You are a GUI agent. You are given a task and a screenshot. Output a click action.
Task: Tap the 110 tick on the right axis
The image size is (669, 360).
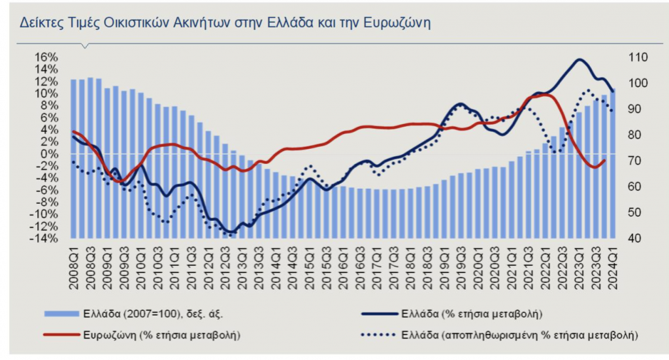[636, 57]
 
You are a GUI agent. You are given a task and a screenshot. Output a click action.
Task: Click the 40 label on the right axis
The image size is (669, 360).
[634, 238]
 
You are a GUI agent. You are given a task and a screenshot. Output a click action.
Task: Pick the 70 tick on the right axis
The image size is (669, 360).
[634, 161]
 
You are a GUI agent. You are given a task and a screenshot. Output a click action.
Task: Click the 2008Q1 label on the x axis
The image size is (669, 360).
[74, 264]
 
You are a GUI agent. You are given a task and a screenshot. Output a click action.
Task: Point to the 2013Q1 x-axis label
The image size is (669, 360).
[242, 264]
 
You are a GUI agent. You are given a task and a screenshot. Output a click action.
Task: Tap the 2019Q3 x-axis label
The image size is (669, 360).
[461, 264]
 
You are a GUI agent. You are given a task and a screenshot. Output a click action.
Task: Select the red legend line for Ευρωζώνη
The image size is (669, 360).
[63, 335]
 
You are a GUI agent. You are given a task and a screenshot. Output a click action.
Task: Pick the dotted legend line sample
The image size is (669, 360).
[378, 335]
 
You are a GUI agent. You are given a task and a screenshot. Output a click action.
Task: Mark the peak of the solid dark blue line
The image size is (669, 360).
[579, 60]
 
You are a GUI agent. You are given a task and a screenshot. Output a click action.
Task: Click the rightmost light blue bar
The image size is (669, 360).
[613, 163]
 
